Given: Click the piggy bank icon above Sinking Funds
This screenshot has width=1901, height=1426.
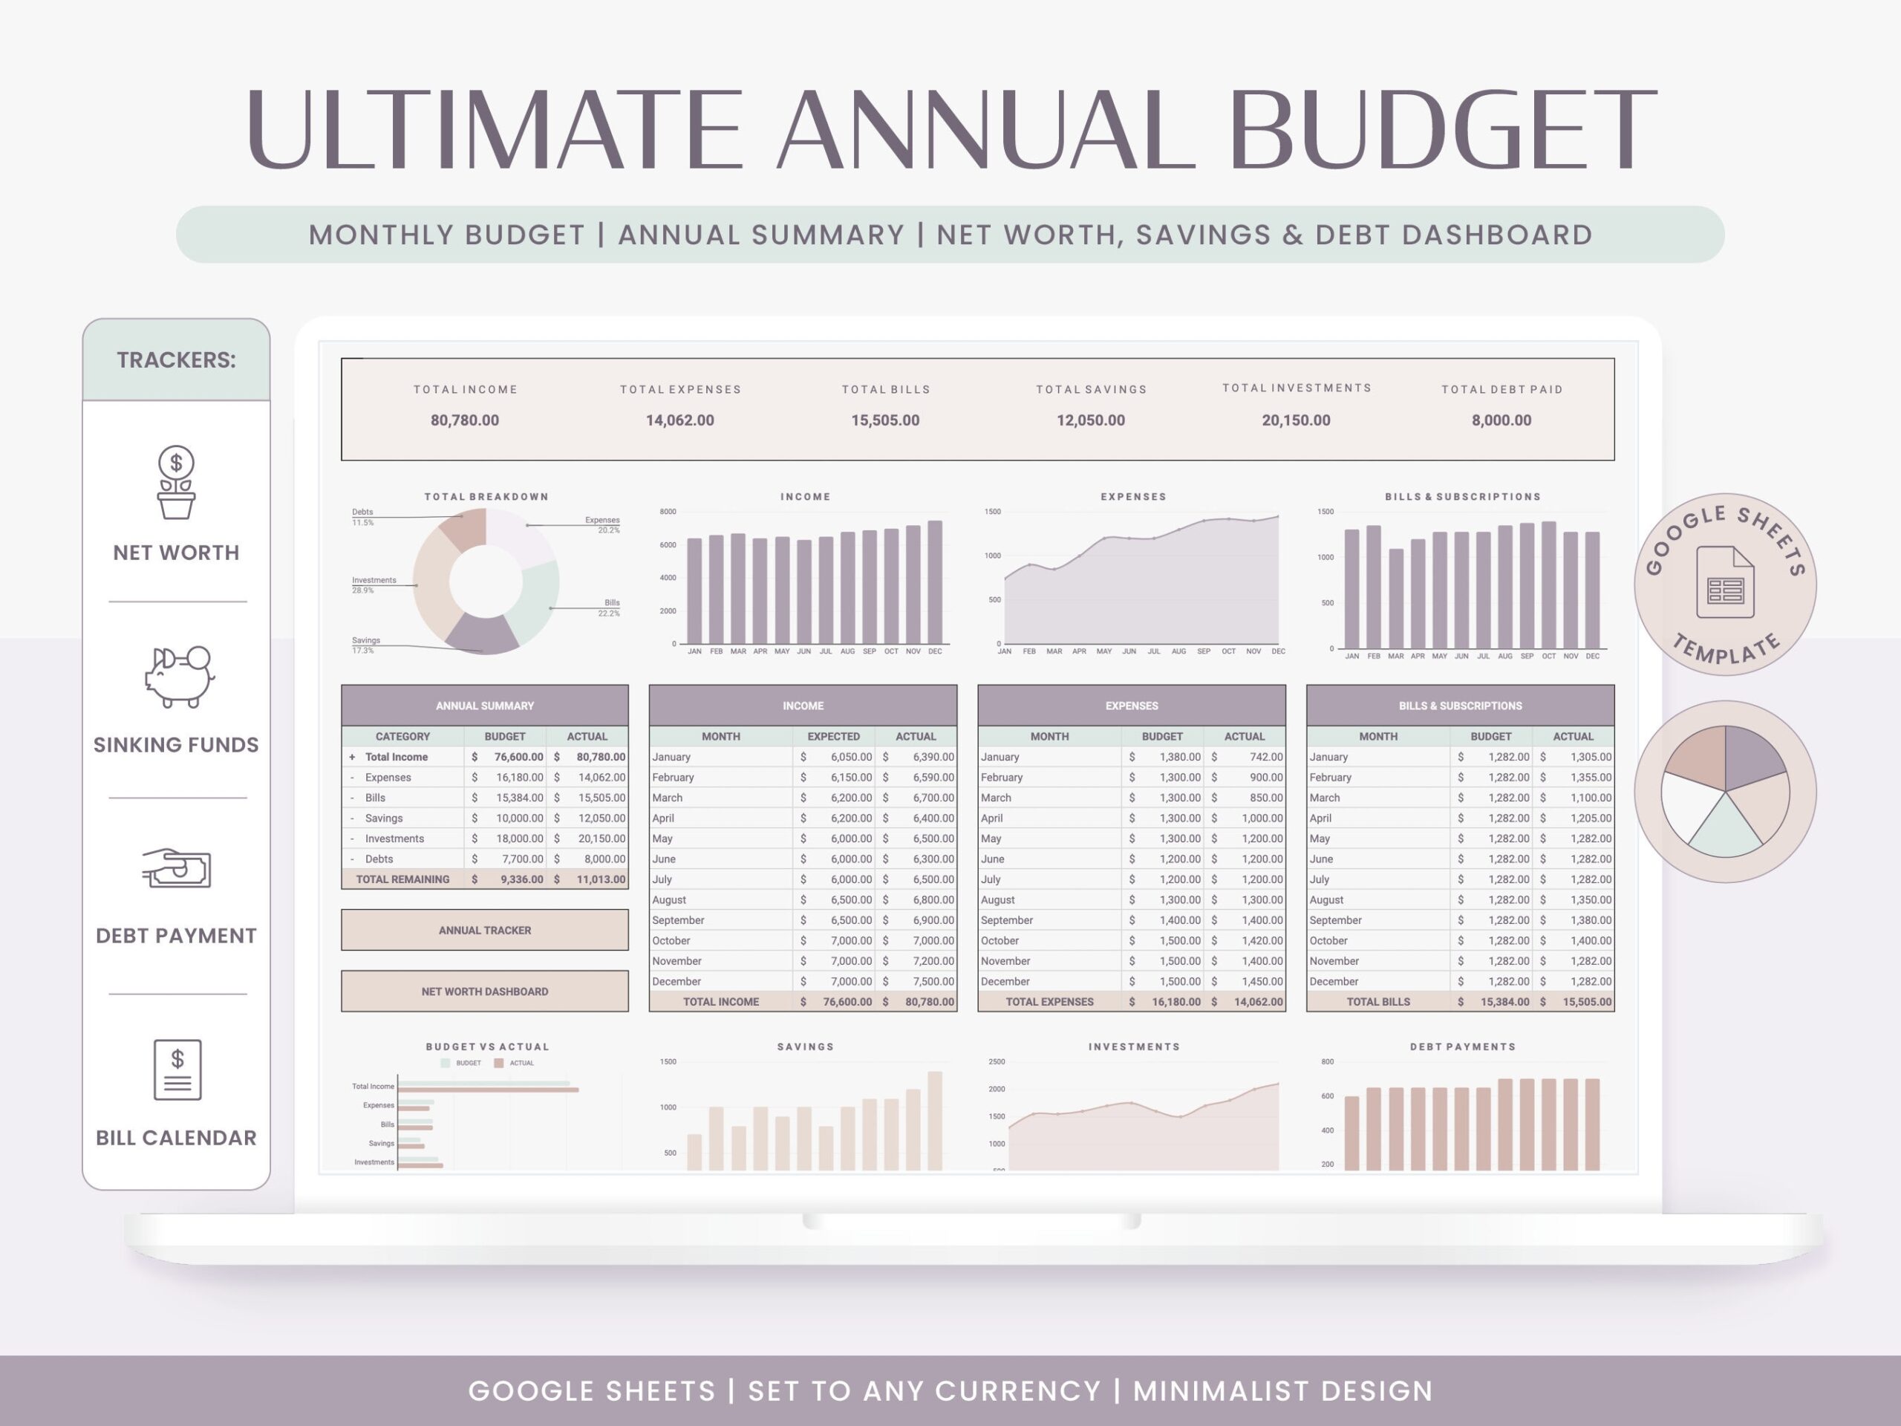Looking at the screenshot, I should point(178,677).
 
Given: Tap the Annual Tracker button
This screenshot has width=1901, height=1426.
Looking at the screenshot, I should point(484,930).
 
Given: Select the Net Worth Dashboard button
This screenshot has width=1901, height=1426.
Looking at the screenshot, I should point(484,991).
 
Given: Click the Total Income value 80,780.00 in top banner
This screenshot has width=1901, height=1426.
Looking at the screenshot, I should point(464,420).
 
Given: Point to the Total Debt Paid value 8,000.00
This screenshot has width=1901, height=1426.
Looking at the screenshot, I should point(1501,420).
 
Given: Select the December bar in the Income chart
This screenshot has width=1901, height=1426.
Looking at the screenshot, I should point(934,582).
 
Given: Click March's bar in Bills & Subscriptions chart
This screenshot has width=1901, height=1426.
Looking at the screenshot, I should point(1395,598).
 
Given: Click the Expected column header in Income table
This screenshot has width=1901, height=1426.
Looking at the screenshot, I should point(832,737).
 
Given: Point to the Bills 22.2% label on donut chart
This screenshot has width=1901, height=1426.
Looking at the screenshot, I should point(610,608).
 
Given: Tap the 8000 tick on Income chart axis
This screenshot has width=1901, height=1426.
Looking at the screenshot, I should point(668,512).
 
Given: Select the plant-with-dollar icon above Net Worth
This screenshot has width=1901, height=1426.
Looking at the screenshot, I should point(176,482).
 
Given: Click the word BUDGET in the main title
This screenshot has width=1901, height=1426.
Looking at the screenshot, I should point(1441,129).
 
